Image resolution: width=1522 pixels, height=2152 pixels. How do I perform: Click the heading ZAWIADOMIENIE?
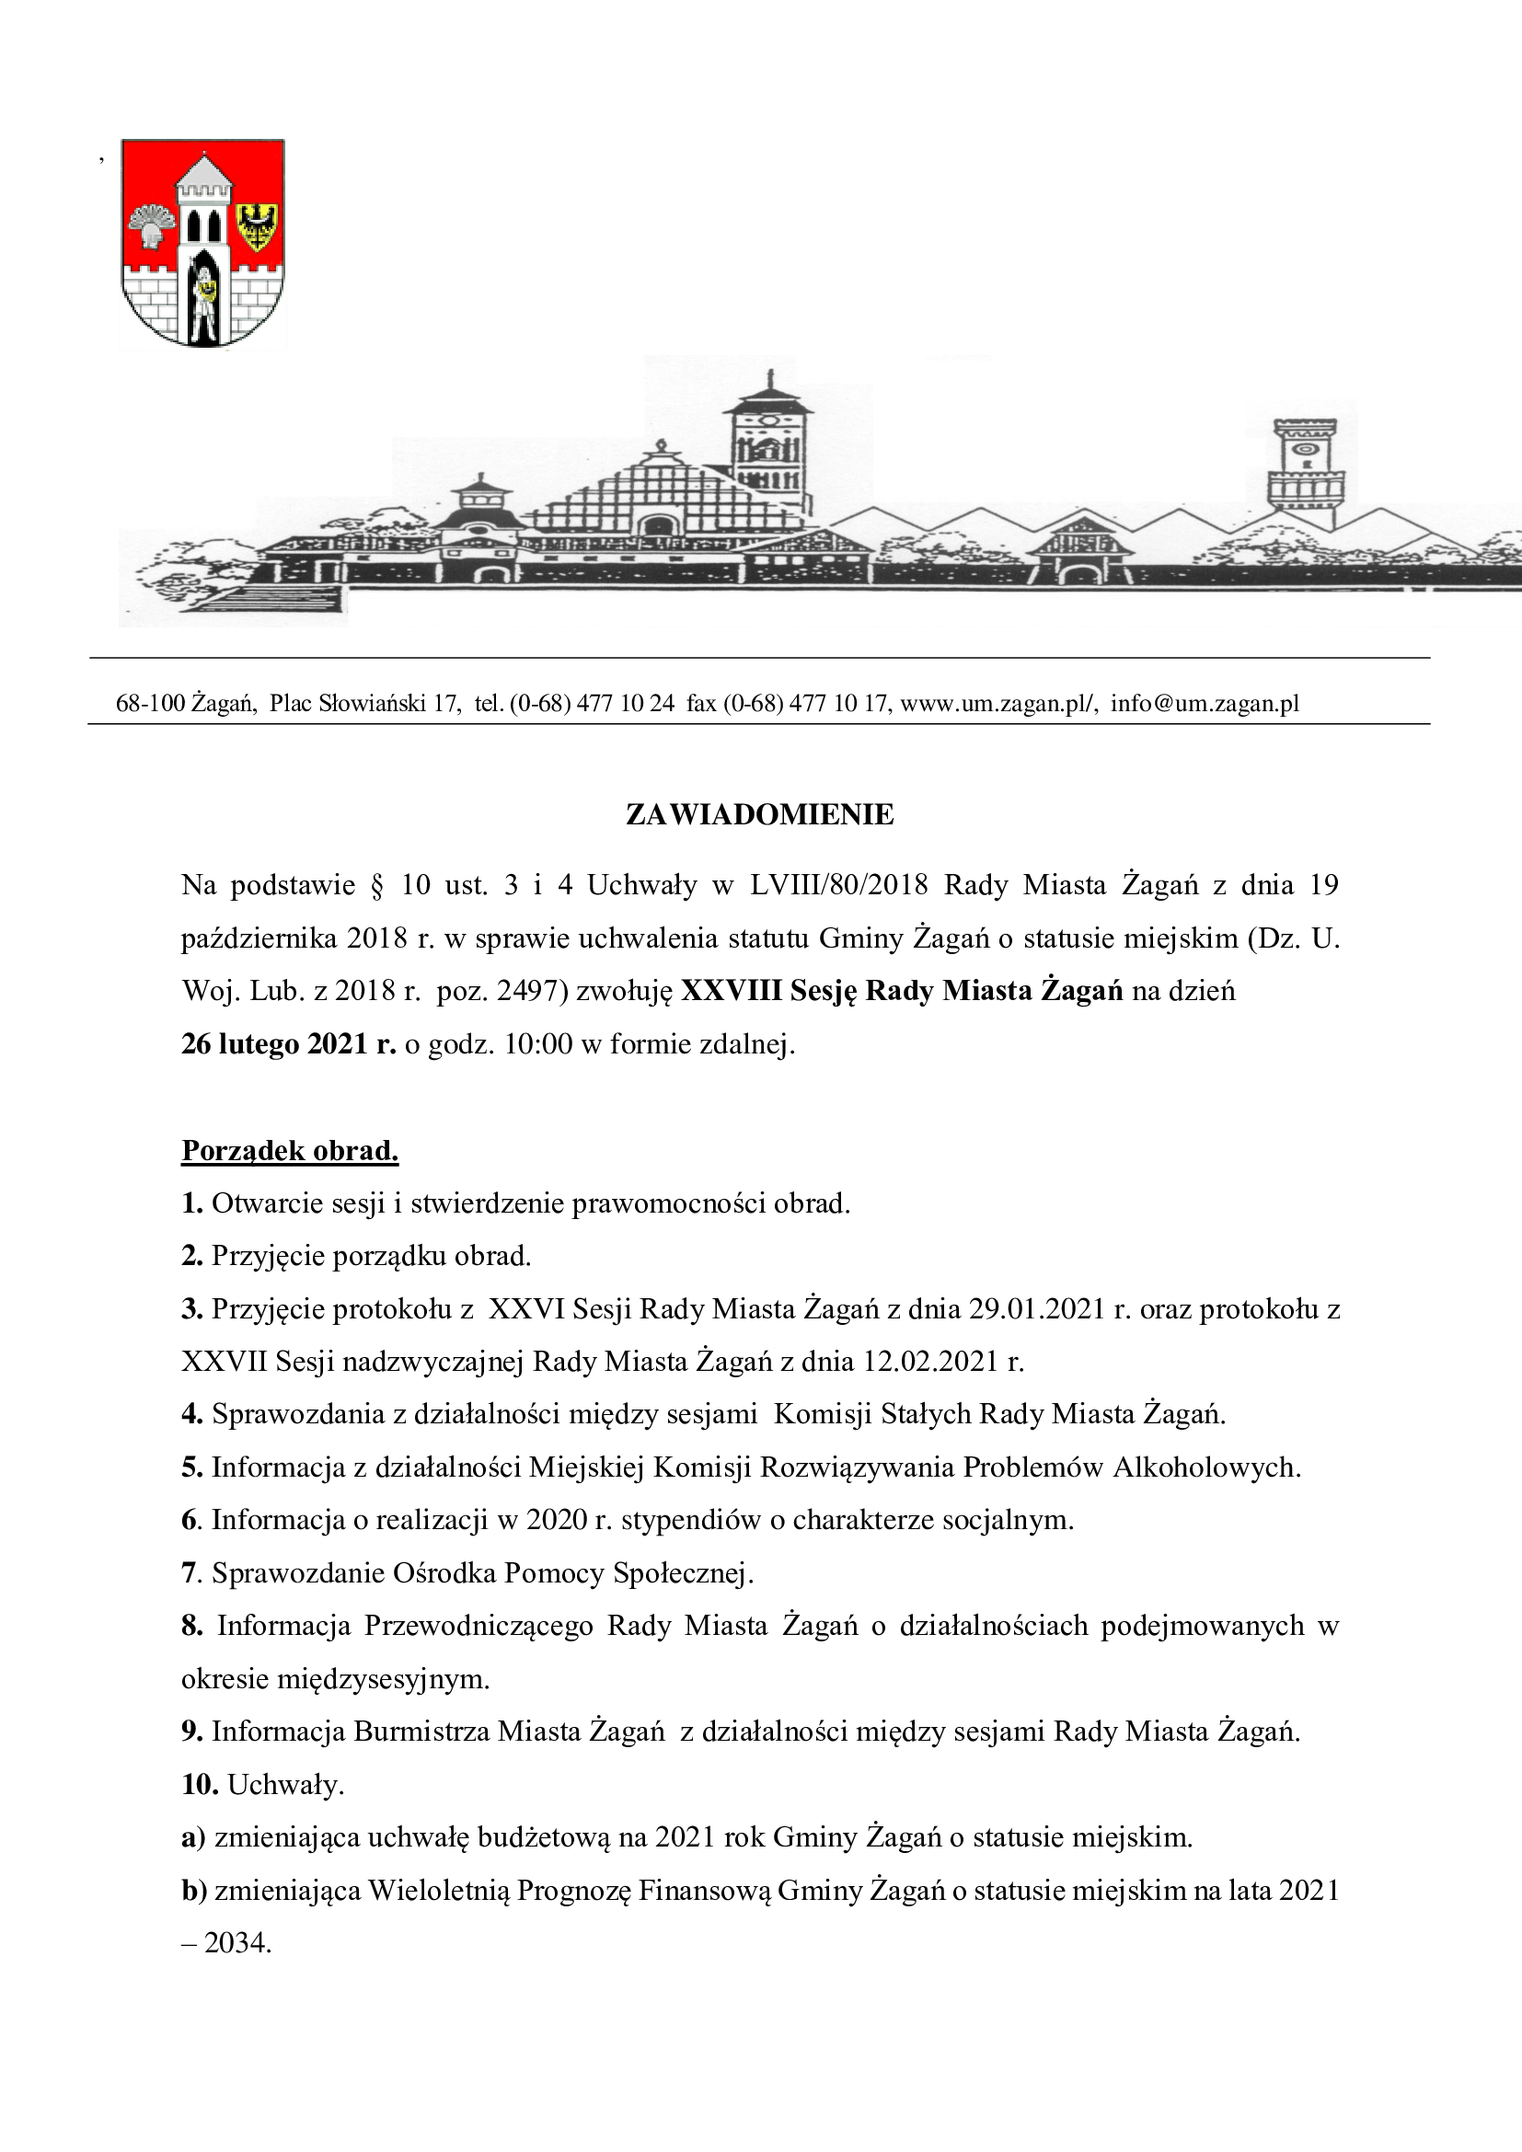759,814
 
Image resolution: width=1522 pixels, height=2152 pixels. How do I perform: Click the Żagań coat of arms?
203,243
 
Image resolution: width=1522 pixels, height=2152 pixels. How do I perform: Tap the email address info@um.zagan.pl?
1205,703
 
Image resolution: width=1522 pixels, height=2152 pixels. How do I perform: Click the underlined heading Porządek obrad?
290,1150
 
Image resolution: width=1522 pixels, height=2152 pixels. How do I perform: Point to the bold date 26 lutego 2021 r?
289,1044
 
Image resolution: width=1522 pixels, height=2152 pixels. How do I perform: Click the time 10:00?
538,1044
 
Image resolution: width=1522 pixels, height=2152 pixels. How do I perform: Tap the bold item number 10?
200,1785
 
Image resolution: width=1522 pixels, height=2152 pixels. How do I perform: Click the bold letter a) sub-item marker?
193,1837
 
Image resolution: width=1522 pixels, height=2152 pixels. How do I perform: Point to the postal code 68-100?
150,703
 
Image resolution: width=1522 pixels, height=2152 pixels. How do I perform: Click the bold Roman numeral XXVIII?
731,991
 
